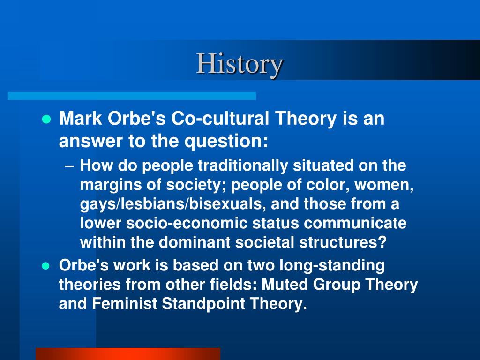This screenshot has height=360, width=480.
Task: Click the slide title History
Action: pos(240,64)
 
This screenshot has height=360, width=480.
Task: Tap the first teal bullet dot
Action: pos(46,119)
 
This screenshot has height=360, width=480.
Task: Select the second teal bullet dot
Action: pos(45,266)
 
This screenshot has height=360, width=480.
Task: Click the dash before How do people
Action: pos(69,166)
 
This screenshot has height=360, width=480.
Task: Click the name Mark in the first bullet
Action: pos(81,118)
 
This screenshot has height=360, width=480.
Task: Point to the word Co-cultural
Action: pos(220,118)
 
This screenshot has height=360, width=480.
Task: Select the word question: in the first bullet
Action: pos(226,141)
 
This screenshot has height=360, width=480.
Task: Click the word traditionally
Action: pos(243,165)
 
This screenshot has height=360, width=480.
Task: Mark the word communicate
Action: pos(355,223)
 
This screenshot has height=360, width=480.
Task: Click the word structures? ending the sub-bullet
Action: pos(343,242)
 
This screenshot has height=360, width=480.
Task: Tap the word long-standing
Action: pos(332,265)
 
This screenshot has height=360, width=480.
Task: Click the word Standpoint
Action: pos(203,304)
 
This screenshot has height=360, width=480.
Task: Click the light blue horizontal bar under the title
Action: pos(132,96)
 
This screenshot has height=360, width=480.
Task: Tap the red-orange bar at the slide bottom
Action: pos(128,354)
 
